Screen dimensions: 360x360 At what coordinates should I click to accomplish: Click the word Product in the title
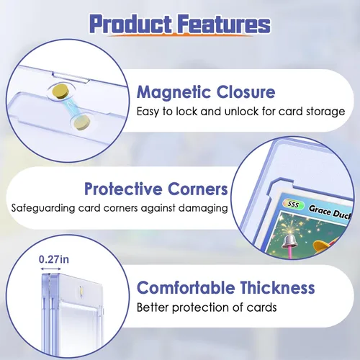131,24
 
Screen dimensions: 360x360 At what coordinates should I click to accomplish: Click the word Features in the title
225,24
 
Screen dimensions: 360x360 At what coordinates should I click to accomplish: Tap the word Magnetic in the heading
174,93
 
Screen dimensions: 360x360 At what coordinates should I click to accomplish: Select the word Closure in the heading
246,92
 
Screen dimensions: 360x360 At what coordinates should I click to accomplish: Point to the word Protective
123,189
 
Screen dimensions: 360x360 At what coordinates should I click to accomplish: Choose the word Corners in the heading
198,189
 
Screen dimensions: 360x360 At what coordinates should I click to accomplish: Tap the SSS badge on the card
293,204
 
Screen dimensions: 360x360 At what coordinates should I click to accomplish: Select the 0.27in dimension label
54,259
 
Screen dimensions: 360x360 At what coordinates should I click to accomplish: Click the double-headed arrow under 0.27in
50,269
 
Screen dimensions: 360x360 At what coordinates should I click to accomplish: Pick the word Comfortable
186,287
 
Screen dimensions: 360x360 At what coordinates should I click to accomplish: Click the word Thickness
277,287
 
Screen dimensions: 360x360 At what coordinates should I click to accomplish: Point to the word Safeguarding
43,208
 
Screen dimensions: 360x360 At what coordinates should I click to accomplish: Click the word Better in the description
153,307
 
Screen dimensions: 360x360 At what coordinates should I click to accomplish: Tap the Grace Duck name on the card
330,212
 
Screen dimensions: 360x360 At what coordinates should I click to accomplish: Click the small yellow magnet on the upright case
81,290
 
